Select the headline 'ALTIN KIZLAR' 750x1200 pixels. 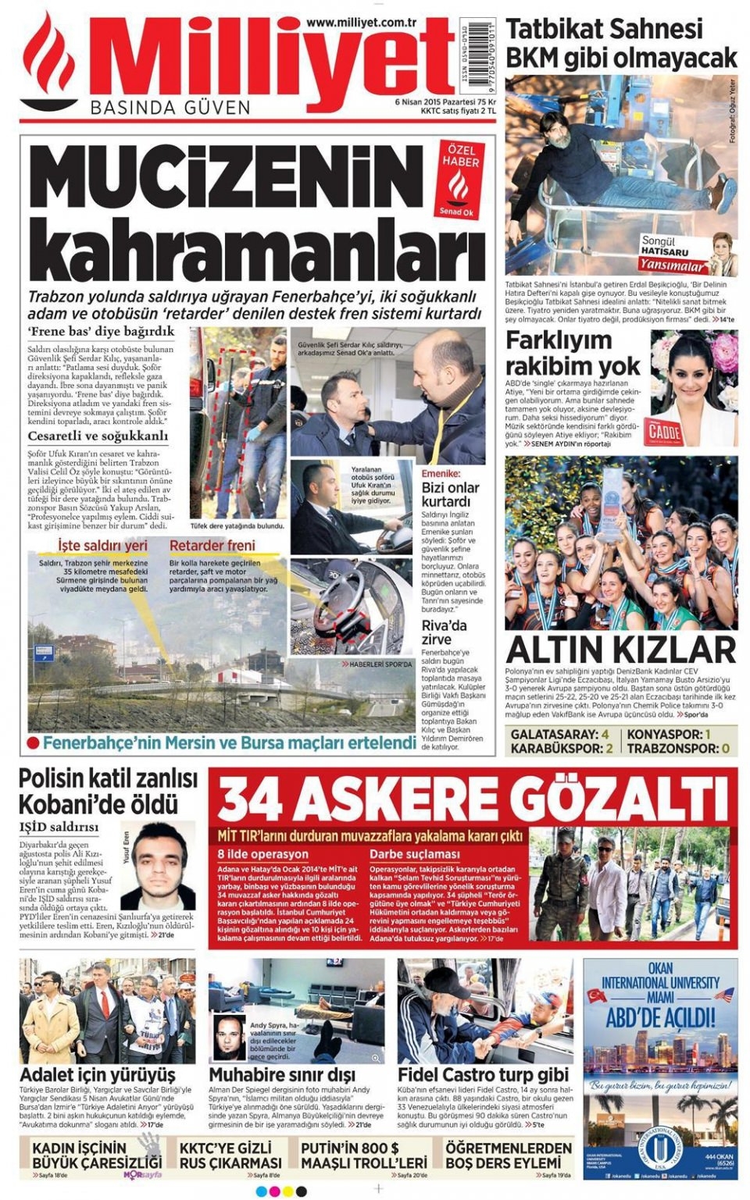[x=620, y=650]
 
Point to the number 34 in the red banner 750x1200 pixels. [x=250, y=801]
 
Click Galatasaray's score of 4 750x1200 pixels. [x=605, y=735]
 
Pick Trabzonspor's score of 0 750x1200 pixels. [x=725, y=749]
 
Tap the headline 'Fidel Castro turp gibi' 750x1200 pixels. [x=483, y=1075]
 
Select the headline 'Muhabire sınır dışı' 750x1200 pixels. [x=282, y=1075]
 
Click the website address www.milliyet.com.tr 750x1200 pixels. [x=359, y=23]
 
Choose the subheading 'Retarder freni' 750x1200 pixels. [x=212, y=545]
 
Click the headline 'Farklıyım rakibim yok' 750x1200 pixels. [x=573, y=353]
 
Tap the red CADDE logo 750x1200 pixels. [x=666, y=433]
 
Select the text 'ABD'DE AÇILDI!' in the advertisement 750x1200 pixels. [x=660, y=1018]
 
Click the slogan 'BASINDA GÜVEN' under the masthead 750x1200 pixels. [x=170, y=108]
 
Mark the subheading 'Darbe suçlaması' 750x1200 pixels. [x=415, y=854]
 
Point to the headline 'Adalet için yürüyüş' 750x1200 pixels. [x=98, y=1075]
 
